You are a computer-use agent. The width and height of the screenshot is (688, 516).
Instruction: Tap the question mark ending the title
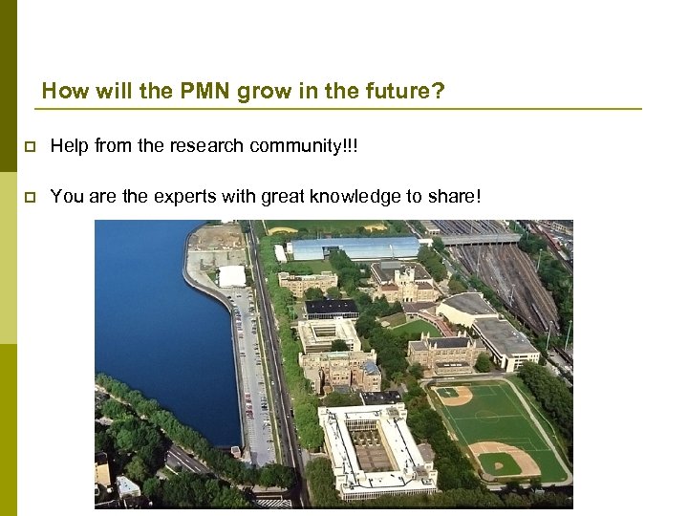point(440,92)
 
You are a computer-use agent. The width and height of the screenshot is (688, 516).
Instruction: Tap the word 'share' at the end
point(453,196)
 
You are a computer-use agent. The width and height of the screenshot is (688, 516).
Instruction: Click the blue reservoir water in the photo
point(153,325)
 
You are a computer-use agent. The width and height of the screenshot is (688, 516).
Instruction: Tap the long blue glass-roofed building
point(354,248)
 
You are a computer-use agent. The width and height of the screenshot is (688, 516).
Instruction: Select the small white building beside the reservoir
point(232,276)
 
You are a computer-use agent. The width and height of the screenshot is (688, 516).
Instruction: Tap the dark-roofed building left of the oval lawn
point(332,308)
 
